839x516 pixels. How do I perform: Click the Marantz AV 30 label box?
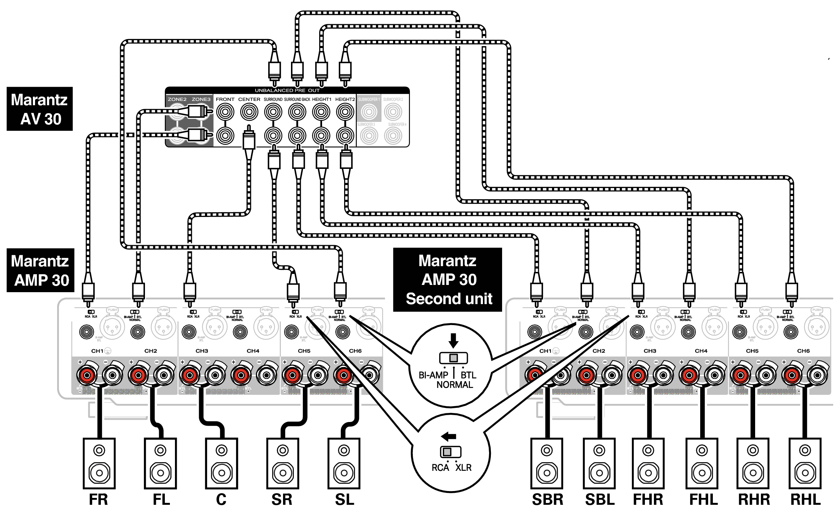39,109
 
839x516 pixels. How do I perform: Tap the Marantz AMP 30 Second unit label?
448,280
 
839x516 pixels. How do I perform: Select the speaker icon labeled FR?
99,463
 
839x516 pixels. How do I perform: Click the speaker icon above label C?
221,463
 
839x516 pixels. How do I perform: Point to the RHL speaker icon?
805,463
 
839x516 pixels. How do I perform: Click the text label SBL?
600,500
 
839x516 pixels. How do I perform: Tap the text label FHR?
648,500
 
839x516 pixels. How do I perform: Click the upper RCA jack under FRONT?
225,112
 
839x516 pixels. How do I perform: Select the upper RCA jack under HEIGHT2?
345,112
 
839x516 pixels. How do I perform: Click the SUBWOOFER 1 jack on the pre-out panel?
369,112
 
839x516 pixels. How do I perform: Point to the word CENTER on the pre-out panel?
249,99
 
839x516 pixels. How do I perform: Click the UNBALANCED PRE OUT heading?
287,90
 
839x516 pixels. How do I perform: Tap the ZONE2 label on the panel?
177,99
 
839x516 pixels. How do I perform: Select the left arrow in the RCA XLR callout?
449,436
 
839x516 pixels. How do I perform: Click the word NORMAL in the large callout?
454,385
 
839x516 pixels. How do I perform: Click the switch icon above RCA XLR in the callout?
450,452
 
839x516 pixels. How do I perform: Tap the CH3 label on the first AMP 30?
202,351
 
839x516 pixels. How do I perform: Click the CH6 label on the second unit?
803,351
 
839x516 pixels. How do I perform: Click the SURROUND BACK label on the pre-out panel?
297,99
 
